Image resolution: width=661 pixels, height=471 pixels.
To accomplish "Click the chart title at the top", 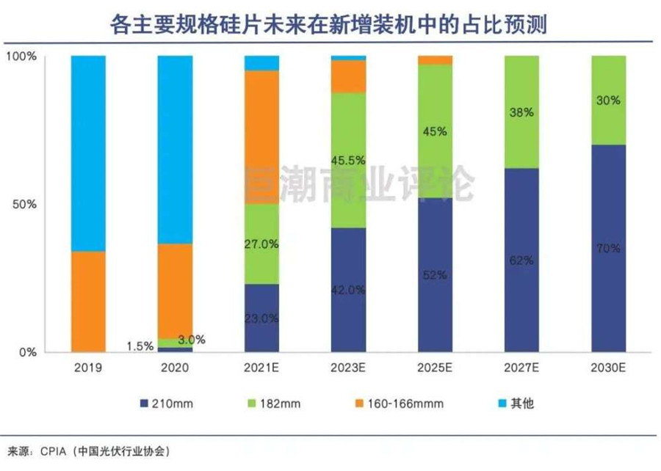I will [330, 24].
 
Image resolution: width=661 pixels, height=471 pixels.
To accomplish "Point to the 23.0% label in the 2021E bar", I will [261, 318].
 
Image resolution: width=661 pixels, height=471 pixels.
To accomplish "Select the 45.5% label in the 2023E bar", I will [348, 159].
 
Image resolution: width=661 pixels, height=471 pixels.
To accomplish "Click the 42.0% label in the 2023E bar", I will [348, 290].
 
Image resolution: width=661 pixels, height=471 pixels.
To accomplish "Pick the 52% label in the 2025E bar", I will [435, 275].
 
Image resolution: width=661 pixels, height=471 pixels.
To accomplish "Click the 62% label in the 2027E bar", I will [521, 260].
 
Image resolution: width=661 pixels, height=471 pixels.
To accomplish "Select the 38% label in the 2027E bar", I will [521, 113].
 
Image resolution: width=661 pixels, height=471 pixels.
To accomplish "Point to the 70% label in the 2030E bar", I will [607, 249].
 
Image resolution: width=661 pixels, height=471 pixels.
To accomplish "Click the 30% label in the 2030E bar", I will [607, 101].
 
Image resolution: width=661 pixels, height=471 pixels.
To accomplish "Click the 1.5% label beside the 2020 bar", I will [139, 345].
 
